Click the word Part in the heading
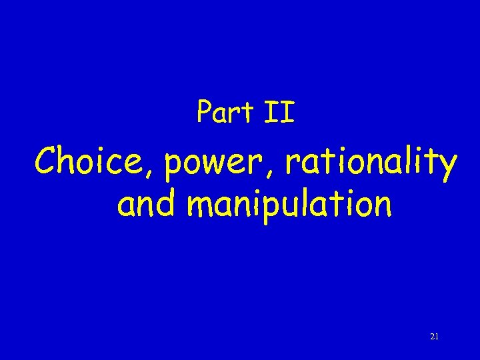tap(223, 112)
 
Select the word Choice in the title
tap(94, 163)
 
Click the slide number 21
tap(434, 337)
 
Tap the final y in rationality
tap(447, 168)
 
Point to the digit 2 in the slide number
tap(432, 337)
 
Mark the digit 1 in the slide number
tap(437, 337)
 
